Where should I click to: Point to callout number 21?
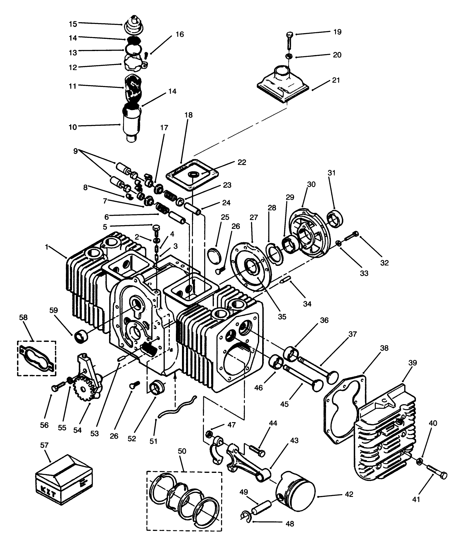click(x=336, y=80)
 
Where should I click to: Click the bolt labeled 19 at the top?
click(x=289, y=40)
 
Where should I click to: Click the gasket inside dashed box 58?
click(x=37, y=359)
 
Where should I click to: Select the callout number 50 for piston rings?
click(x=182, y=451)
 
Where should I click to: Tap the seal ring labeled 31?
click(x=335, y=218)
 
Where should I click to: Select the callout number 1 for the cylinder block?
click(x=47, y=247)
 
